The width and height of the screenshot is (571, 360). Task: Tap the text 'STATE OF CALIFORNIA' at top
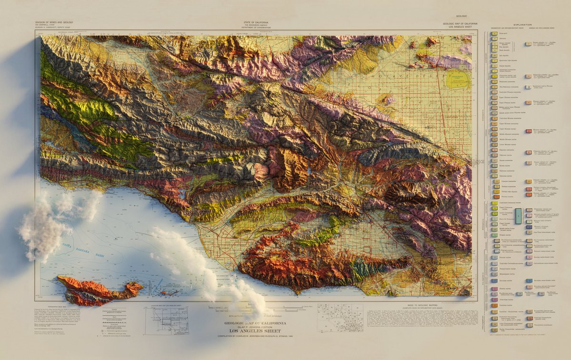point(256,22)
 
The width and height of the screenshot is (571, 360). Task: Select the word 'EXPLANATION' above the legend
point(522,25)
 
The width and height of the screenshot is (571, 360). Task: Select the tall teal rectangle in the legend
point(519,215)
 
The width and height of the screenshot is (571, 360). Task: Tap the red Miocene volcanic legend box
point(528,130)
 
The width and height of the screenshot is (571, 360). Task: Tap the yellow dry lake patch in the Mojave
point(459,80)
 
